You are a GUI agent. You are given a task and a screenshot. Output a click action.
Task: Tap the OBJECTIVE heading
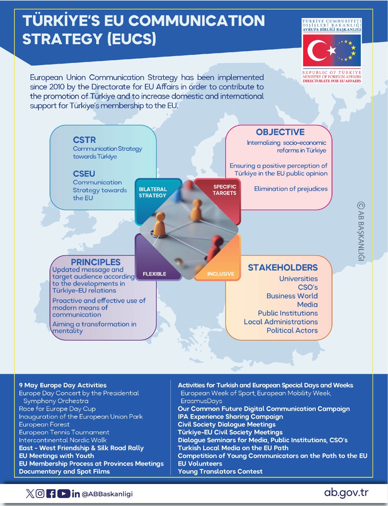280,132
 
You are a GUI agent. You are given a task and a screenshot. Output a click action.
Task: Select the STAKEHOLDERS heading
283,267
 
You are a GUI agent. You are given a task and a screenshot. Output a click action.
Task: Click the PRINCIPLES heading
95,262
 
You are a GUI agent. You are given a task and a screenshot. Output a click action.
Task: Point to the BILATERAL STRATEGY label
153,192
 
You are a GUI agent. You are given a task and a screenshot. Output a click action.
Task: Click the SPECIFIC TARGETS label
224,190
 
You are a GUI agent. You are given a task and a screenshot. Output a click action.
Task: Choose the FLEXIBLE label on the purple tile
154,274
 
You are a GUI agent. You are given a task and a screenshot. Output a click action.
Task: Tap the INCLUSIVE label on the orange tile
221,274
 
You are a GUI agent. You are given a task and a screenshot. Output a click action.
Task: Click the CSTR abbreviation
84,140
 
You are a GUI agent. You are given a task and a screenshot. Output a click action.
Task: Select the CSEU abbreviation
84,174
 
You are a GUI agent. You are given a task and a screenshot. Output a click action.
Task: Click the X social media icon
30,494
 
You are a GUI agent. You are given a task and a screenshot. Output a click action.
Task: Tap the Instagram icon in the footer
40,494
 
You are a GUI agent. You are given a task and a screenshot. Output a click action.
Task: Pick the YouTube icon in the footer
64,494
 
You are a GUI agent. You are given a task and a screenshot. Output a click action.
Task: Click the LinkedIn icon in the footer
76,494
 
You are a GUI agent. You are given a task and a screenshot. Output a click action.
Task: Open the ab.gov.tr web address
346,493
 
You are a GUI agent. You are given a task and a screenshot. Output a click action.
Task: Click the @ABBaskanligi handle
107,494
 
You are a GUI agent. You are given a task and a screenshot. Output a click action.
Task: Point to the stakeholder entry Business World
292,296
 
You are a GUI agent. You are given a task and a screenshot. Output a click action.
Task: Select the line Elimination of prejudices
291,189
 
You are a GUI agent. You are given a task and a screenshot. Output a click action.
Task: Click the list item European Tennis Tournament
64,432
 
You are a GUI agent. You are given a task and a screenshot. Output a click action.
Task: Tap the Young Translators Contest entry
220,472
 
